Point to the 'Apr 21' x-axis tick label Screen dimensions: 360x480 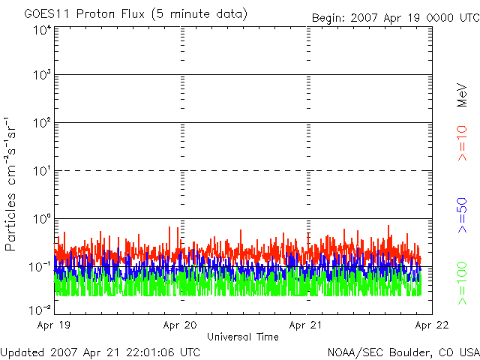point(306,326)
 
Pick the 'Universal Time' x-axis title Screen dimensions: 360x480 point(242,337)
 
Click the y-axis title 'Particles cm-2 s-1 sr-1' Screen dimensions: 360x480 point(12,183)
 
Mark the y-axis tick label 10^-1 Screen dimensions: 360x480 point(40,266)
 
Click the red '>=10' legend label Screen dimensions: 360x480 point(463,143)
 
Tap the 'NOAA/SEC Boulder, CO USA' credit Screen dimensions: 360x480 point(403,352)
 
